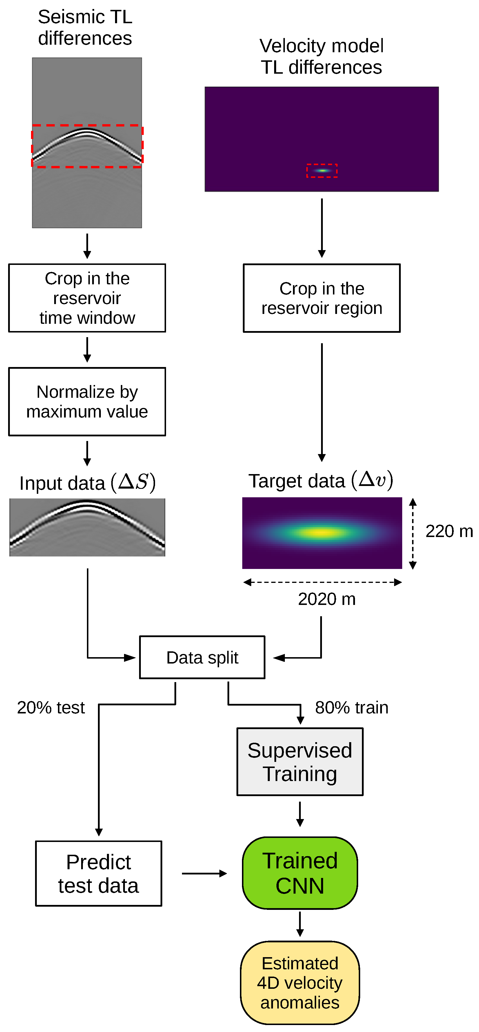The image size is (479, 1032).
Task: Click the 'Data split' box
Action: [x=202, y=657]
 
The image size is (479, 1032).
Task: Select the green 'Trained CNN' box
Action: [x=300, y=872]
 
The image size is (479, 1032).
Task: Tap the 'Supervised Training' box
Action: [x=300, y=762]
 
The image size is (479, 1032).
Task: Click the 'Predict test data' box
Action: [x=99, y=873]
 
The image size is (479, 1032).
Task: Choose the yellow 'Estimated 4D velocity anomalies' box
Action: [x=300, y=982]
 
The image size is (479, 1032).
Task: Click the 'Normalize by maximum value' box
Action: [x=87, y=402]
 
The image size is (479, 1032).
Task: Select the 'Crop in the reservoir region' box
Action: [x=321, y=298]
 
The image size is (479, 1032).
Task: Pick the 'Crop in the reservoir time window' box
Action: [x=87, y=298]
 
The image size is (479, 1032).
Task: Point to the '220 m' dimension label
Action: [x=449, y=531]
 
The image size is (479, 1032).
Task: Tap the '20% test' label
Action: [x=51, y=708]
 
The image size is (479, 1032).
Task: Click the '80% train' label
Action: [x=351, y=708]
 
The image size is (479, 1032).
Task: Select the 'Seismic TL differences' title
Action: [x=85, y=28]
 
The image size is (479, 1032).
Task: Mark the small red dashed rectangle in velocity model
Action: [x=322, y=170]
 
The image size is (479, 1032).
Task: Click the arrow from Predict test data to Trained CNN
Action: [x=204, y=873]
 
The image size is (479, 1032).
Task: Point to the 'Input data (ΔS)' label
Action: [x=87, y=483]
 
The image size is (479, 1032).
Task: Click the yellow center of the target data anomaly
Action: [x=321, y=532]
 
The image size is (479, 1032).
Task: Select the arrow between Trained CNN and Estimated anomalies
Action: [x=300, y=924]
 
